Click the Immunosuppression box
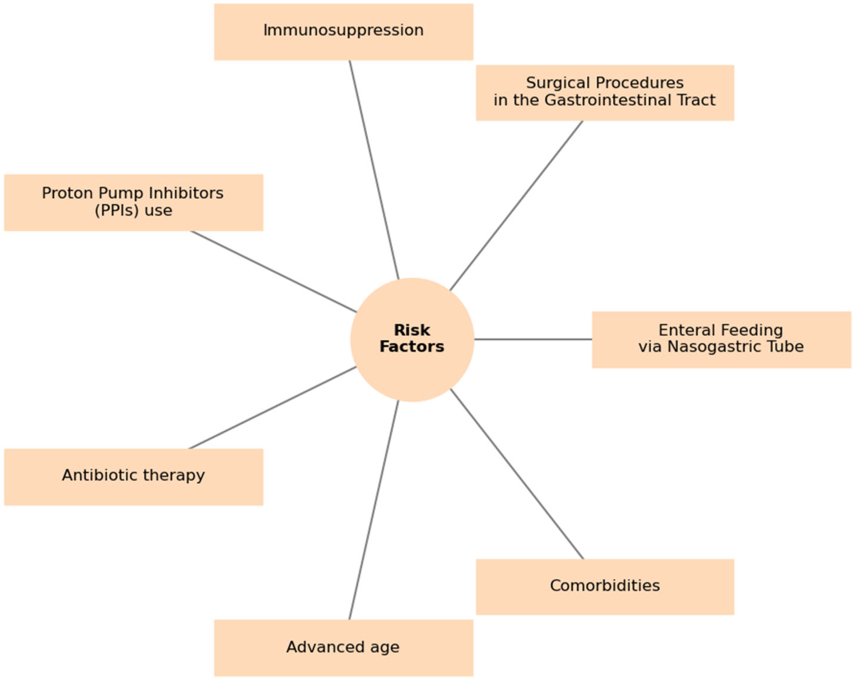click(x=344, y=32)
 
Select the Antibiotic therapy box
click(x=133, y=477)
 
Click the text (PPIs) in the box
click(x=116, y=210)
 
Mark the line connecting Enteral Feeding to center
click(x=533, y=339)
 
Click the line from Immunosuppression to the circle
click(x=374, y=169)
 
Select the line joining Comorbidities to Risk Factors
click(x=517, y=474)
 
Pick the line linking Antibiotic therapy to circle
click(x=273, y=407)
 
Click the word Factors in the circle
click(x=412, y=347)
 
